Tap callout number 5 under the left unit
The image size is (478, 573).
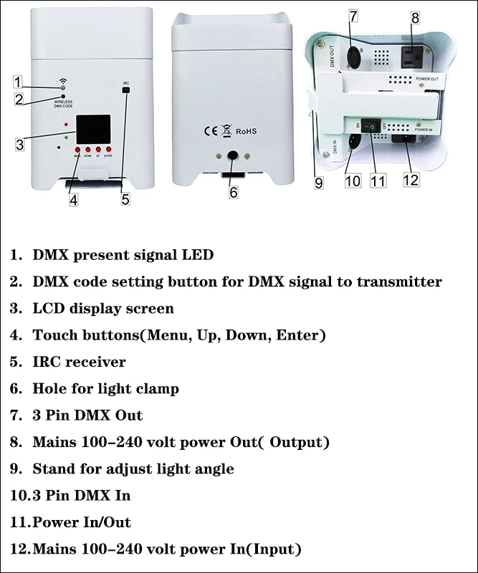pyautogui.click(x=125, y=200)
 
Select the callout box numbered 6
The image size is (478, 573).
pyautogui.click(x=234, y=192)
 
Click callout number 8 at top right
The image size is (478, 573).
pyautogui.click(x=415, y=16)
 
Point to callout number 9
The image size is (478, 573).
pyautogui.click(x=319, y=183)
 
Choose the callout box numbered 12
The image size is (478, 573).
pyautogui.click(x=411, y=179)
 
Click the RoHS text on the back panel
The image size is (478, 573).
pyautogui.click(x=246, y=131)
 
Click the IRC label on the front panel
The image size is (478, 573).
pyautogui.click(x=126, y=83)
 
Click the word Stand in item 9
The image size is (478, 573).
pyautogui.click(x=53, y=469)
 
